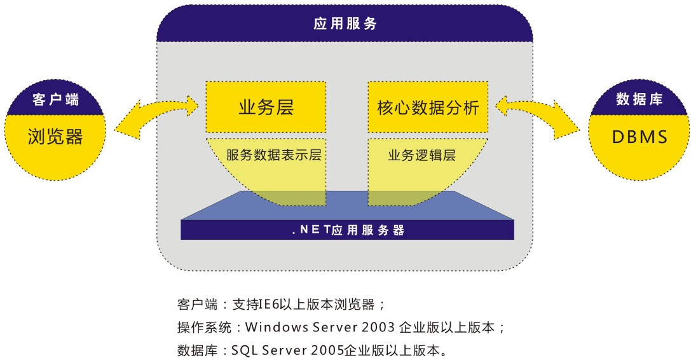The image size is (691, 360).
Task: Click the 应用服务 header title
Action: click(345, 24)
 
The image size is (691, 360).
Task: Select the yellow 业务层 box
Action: click(266, 107)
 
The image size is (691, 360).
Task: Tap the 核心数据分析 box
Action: click(428, 107)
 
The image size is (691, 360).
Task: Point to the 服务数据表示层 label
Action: click(274, 155)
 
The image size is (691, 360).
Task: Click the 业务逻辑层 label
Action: click(421, 155)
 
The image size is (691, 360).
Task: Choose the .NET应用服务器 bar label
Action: click(348, 230)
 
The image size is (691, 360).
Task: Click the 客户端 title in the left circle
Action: click(55, 99)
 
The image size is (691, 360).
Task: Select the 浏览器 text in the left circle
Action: click(55, 137)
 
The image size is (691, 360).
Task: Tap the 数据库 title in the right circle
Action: click(639, 99)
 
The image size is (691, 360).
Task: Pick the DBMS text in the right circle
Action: click(640, 137)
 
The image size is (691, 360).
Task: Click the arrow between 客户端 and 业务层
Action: click(157, 116)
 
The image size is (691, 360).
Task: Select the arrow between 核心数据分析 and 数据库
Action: click(538, 116)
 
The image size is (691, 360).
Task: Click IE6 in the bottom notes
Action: click(268, 305)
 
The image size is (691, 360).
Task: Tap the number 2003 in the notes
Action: click(378, 328)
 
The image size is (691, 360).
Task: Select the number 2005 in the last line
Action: click(327, 350)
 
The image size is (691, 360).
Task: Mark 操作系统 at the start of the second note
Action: click(204, 328)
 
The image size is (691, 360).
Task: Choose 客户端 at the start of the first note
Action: click(198, 305)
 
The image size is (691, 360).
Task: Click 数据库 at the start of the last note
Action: click(198, 350)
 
